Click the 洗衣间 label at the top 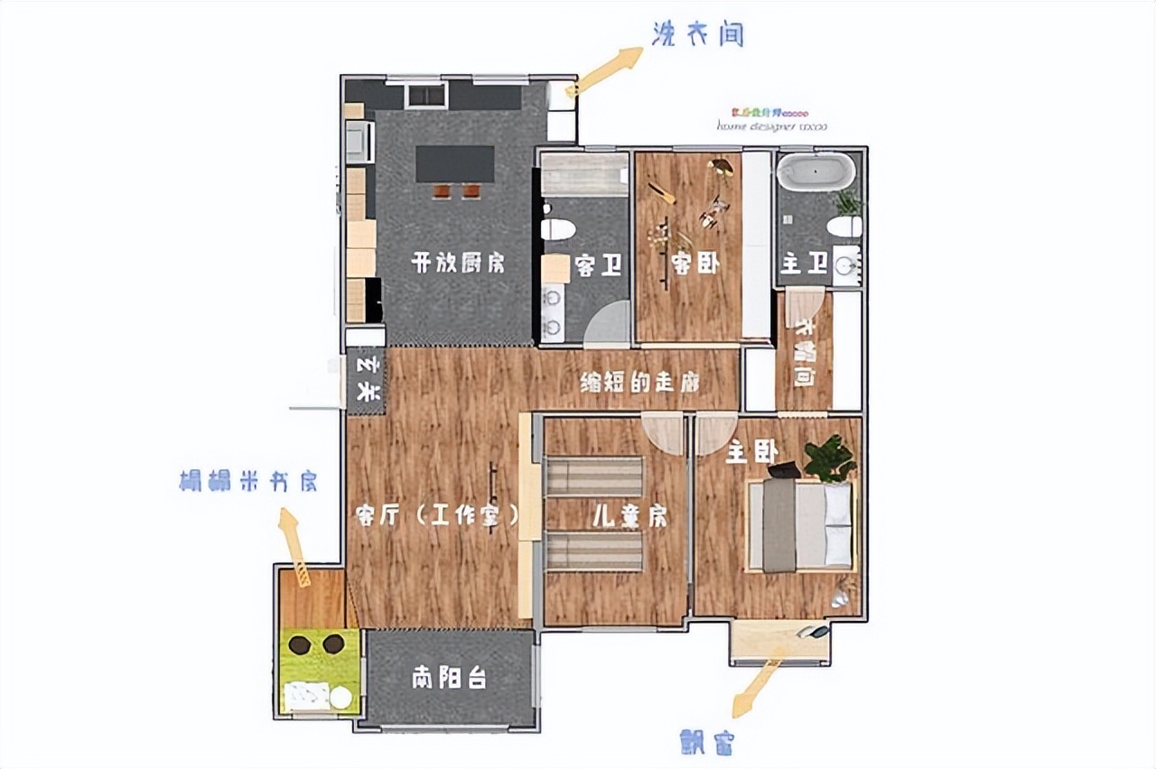click(697, 34)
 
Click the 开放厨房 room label click(458, 264)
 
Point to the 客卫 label click(598, 265)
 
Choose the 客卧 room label click(695, 265)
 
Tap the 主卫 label click(804, 264)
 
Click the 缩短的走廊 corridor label click(639, 382)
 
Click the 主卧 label click(750, 451)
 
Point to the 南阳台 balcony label click(449, 677)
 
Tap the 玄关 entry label click(368, 380)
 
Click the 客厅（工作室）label click(438, 516)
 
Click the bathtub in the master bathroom click(816, 171)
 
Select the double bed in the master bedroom click(800, 524)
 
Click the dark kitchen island click(454, 163)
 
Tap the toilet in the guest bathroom click(558, 229)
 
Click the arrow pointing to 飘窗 click(758, 681)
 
